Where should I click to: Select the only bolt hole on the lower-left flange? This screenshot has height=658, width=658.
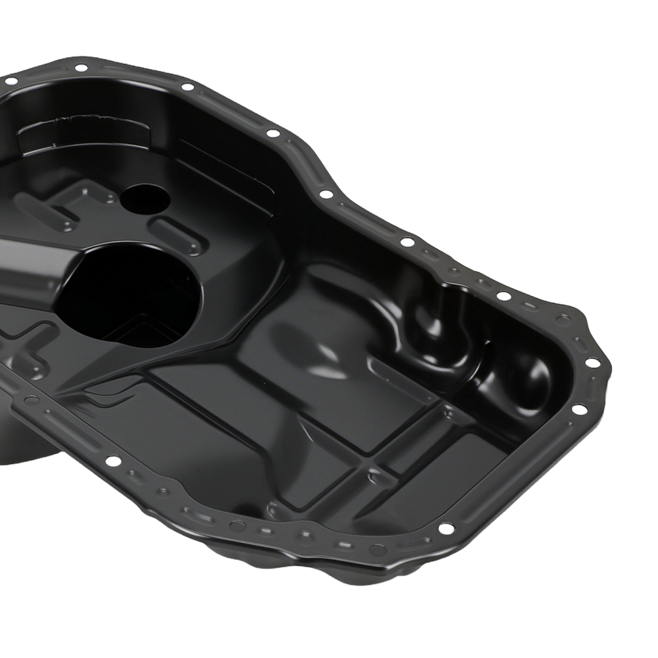113,461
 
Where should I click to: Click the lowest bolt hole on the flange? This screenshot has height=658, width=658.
447,529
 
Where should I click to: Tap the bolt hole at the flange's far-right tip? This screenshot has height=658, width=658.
592,363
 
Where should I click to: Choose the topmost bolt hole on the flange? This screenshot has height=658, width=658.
81,68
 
